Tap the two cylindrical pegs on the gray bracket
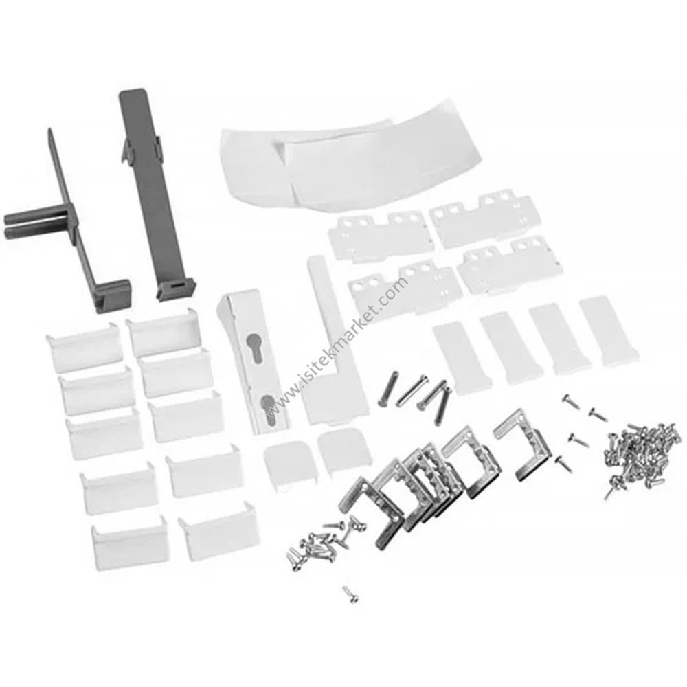[x=34, y=222]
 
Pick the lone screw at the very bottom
[x=351, y=594]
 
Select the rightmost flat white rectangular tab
[x=608, y=330]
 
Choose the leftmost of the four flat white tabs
[x=458, y=357]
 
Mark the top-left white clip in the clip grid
[x=83, y=348]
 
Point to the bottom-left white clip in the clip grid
[x=130, y=544]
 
